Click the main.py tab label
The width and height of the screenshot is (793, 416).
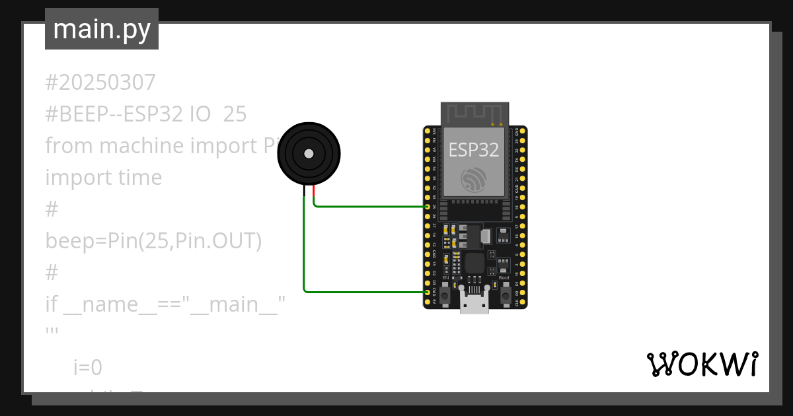102,29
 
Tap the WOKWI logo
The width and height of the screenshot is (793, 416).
701,364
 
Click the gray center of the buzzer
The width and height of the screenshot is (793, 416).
309,154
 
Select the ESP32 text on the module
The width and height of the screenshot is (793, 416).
474,150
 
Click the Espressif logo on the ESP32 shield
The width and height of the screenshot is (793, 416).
474,180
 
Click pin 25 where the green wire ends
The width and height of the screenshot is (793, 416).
428,207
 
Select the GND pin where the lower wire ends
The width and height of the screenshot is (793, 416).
428,292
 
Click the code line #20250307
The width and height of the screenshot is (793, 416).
100,83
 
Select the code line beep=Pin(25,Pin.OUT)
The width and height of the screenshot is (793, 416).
153,241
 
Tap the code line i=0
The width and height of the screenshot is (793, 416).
88,368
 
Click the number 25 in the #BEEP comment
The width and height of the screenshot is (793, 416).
235,114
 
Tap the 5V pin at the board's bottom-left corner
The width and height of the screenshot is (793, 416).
428,301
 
